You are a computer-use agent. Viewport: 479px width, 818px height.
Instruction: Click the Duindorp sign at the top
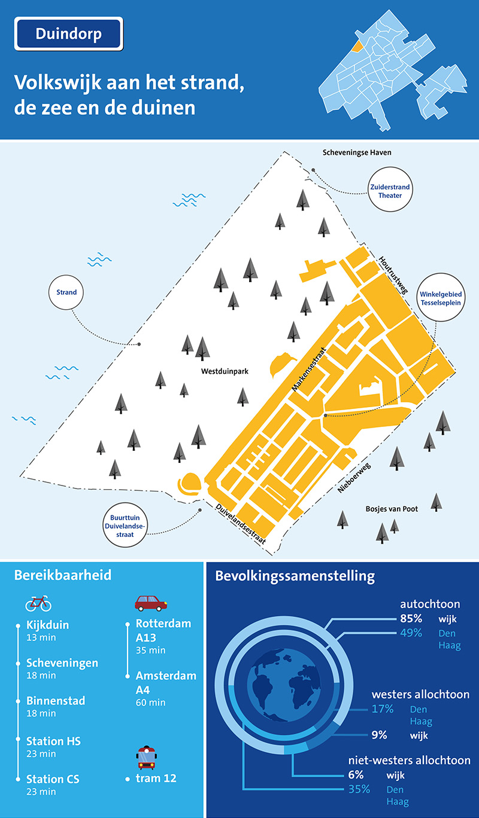(69, 33)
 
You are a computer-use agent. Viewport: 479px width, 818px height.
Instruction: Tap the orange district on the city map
(357, 46)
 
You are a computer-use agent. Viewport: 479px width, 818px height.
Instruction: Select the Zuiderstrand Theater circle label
(390, 189)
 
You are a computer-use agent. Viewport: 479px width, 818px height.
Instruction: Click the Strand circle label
(66, 292)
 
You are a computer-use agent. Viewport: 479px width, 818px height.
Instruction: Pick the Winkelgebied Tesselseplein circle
(441, 297)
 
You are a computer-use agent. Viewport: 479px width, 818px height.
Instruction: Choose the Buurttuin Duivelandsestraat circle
(125, 526)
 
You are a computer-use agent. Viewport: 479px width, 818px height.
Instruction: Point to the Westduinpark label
(225, 371)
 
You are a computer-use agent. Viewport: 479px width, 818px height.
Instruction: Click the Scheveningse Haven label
(357, 152)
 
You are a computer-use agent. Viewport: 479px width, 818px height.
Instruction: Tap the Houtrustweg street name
(393, 275)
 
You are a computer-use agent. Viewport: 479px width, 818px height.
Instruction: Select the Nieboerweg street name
(354, 478)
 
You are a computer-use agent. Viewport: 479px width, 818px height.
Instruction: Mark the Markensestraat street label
(308, 369)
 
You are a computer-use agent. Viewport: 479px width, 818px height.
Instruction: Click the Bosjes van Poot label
(392, 509)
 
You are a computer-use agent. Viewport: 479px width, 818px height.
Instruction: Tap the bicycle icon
(38, 603)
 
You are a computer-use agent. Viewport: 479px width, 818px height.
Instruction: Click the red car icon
(151, 603)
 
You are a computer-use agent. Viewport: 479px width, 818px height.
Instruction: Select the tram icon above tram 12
(147, 758)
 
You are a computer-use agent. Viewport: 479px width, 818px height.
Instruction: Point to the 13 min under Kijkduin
(41, 637)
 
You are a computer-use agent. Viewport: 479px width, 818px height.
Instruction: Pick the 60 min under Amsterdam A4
(150, 702)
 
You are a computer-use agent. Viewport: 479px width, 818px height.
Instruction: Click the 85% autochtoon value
(411, 618)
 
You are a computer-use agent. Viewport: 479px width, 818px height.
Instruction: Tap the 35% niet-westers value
(359, 789)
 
